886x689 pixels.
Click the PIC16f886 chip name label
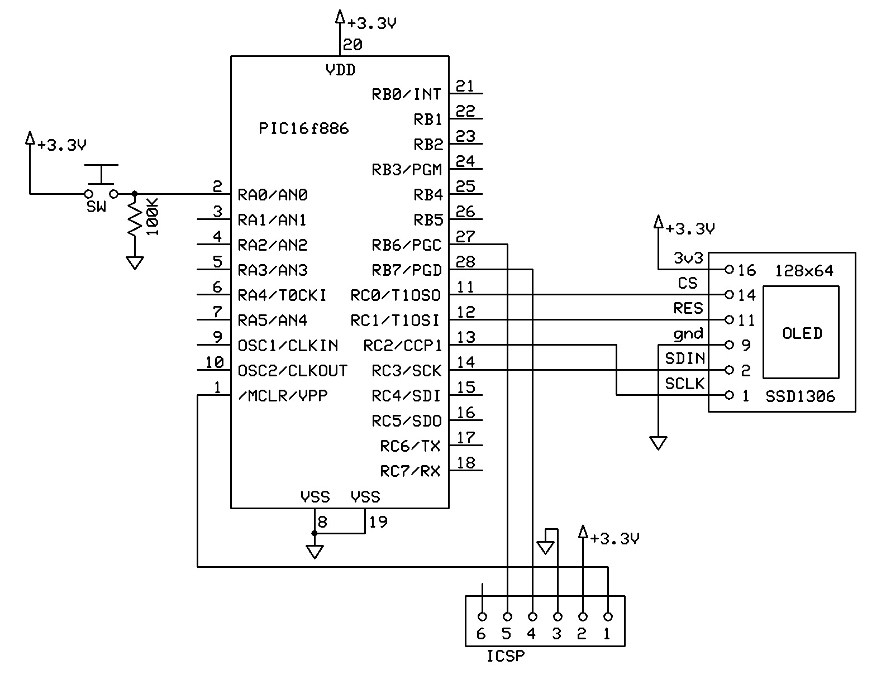pos(303,129)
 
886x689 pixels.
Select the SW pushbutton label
pos(96,207)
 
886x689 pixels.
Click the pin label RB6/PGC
pos(406,245)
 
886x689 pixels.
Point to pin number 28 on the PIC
pos(465,261)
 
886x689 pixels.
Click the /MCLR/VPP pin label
pos(283,396)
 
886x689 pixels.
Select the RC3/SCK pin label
pos(406,371)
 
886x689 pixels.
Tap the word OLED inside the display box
pos(802,333)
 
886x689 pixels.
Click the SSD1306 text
pos(800,396)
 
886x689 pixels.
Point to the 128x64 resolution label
pos(804,271)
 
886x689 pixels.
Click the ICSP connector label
pos(505,656)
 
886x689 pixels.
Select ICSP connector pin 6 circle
pos(482,617)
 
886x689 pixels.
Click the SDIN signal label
pos(684,358)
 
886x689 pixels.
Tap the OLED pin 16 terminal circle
pos(728,269)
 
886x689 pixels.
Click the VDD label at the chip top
pos(340,70)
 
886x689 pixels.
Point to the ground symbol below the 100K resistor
pos(134,262)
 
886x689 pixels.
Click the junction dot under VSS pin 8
pos(315,534)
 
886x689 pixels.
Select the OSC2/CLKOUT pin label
pos(292,371)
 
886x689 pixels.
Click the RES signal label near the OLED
pos(688,308)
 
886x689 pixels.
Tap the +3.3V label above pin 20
pos(371,24)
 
